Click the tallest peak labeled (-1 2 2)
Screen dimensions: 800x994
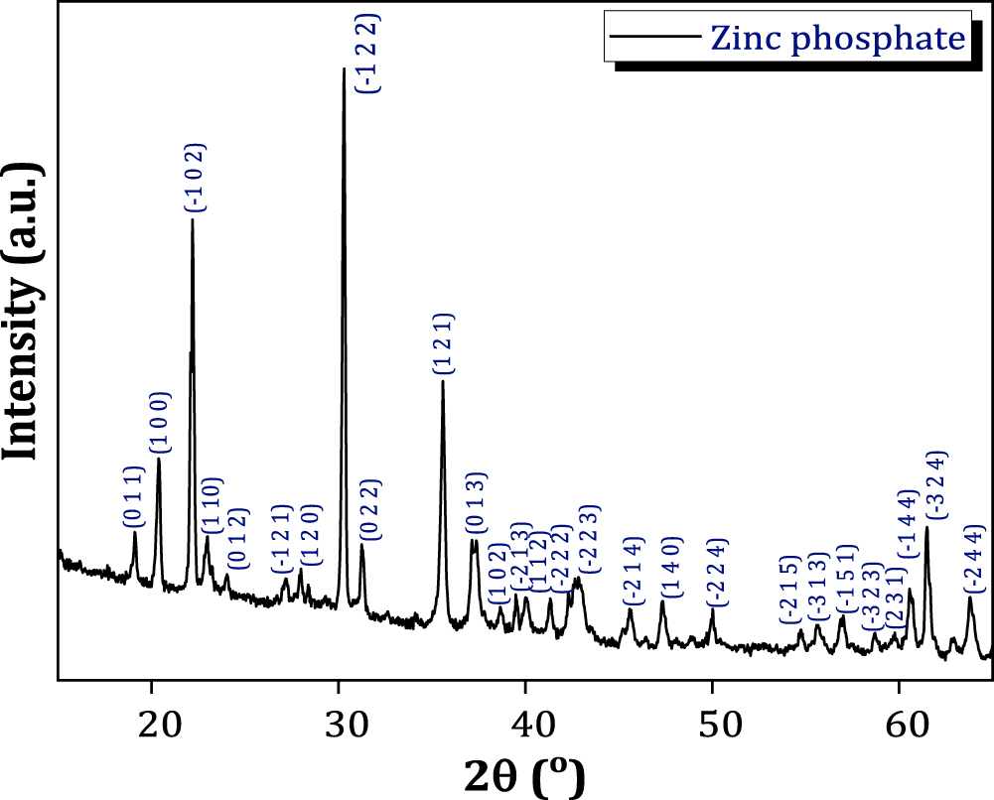pyautogui.click(x=344, y=69)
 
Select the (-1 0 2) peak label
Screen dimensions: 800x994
pyautogui.click(x=195, y=179)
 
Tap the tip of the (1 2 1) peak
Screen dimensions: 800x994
pyautogui.click(x=443, y=382)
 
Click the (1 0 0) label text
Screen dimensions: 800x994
pyautogui.click(x=161, y=423)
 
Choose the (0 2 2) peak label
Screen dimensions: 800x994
pyautogui.click(x=368, y=510)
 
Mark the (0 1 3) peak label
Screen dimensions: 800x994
pyautogui.click(x=476, y=504)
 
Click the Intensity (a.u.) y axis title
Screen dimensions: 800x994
pyautogui.click(x=23, y=311)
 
